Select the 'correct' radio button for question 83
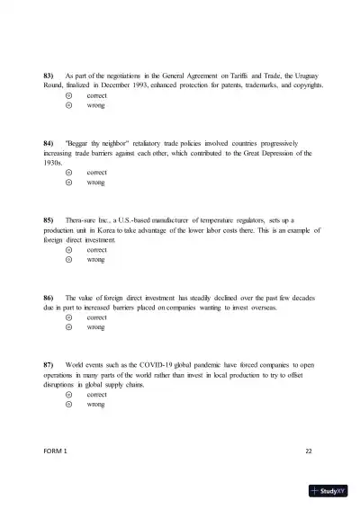click(x=68, y=94)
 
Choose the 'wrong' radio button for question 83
click(x=68, y=105)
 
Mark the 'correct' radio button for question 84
click(x=68, y=172)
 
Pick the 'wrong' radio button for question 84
click(x=68, y=183)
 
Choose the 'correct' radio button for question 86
click(x=68, y=317)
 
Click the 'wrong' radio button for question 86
click(x=68, y=328)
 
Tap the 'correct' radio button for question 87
click(x=68, y=394)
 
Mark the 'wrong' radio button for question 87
click(x=68, y=405)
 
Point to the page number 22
click(x=308, y=449)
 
